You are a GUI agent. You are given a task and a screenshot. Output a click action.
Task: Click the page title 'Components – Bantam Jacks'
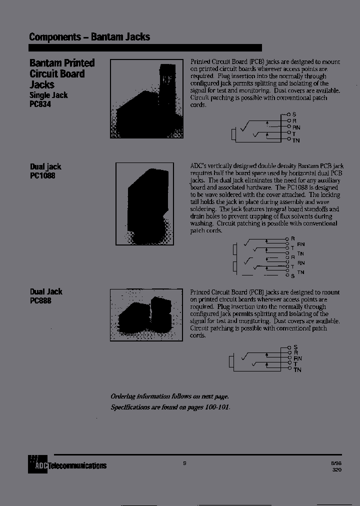[89, 37]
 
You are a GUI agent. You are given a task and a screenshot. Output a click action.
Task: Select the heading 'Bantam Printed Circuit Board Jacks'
[61, 73]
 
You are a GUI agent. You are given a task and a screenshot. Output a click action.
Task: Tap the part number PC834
[40, 104]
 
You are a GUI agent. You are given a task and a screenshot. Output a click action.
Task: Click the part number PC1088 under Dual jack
[42, 176]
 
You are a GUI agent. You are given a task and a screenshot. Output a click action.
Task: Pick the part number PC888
[40, 300]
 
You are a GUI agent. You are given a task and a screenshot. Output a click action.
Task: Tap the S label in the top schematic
[294, 114]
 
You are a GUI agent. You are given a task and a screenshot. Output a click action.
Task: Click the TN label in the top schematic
[296, 140]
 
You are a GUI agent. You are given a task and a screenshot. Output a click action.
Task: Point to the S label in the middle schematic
[293, 275]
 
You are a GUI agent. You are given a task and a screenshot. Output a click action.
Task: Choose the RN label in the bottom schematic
[297, 358]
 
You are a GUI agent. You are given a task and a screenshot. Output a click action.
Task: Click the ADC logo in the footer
[37, 465]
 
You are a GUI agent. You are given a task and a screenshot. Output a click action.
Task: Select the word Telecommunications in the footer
[77, 465]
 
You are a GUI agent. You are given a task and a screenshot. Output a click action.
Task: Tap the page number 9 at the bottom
[184, 463]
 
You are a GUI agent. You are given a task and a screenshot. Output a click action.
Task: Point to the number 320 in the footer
[337, 470]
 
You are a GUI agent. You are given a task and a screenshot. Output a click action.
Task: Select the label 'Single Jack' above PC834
[48, 95]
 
